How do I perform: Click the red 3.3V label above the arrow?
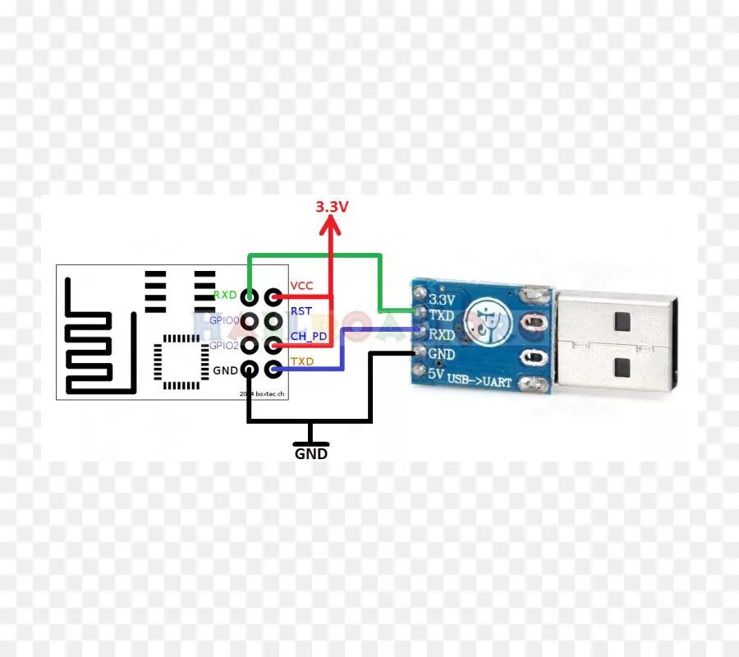pyautogui.click(x=332, y=206)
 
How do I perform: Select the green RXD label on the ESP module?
pyautogui.click(x=225, y=295)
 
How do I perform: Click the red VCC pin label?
pyautogui.click(x=301, y=286)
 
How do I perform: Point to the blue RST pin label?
pyautogui.click(x=301, y=311)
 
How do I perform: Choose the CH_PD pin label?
pyautogui.click(x=307, y=336)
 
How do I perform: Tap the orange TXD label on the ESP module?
pyautogui.click(x=301, y=361)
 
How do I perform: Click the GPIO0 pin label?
pyautogui.click(x=223, y=320)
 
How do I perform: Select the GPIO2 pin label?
pyautogui.click(x=223, y=346)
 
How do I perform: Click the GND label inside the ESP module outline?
pyautogui.click(x=225, y=370)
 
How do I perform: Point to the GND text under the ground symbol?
pyautogui.click(x=311, y=453)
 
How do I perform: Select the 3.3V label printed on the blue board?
pyautogui.click(x=442, y=300)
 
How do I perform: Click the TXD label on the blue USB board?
pyautogui.click(x=442, y=316)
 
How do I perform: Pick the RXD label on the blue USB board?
pyautogui.click(x=442, y=335)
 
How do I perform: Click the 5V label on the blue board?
pyautogui.click(x=436, y=374)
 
